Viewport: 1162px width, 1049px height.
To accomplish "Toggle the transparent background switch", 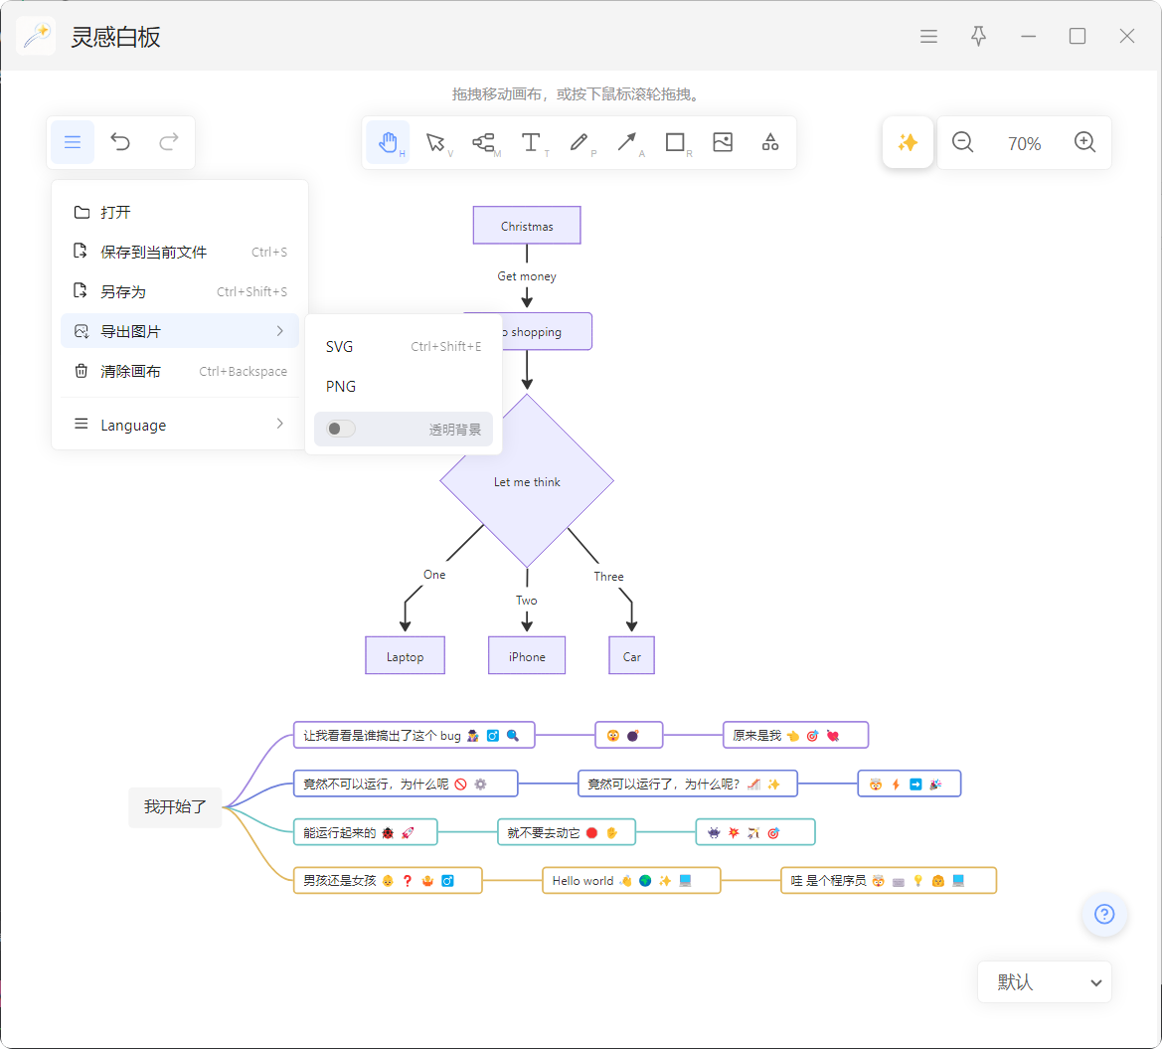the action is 341,430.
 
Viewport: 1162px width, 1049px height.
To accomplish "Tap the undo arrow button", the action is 120,141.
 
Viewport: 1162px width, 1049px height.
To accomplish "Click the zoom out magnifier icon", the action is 962,142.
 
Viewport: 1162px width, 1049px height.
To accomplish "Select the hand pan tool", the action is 388,142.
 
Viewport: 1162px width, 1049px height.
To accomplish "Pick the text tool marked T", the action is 532,142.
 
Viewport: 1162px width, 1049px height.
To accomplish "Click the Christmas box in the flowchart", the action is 527,226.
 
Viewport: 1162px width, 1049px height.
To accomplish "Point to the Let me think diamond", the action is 527,481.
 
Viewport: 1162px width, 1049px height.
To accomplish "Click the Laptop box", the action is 406,655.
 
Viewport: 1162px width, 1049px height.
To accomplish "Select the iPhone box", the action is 527,655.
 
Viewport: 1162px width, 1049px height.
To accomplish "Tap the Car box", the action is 631,655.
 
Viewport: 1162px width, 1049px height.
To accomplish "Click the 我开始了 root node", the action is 175,806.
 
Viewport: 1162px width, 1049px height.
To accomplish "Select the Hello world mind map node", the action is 631,881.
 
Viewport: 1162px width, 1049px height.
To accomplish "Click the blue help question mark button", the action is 1104,914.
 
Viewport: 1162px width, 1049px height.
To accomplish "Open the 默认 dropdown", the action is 1045,982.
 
